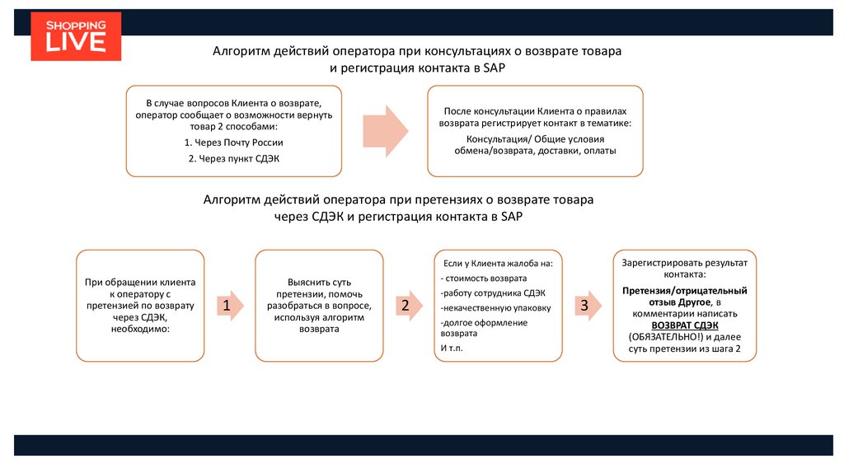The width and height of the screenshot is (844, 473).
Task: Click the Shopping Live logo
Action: click(76, 36)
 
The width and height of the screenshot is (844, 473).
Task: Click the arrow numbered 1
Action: click(228, 307)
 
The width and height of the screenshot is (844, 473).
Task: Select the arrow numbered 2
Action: click(406, 307)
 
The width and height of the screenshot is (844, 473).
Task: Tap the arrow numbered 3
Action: click(584, 307)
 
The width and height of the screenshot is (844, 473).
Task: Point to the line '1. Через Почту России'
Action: click(233, 143)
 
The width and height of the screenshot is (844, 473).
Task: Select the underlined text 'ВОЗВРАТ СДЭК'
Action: click(684, 325)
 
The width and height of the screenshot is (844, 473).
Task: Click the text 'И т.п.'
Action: click(452, 349)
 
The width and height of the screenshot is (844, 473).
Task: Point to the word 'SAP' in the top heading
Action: click(489, 68)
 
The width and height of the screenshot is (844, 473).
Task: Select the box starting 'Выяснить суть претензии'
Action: click(319, 306)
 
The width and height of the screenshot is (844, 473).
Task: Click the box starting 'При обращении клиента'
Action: click(140, 306)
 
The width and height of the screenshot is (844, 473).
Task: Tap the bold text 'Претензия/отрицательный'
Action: click(684, 291)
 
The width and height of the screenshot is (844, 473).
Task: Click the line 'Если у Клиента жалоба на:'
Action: click(497, 264)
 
